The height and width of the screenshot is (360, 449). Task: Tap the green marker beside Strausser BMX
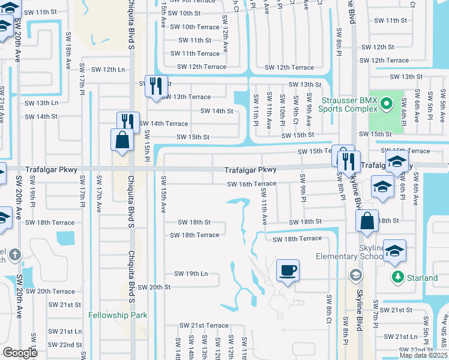click(387, 104)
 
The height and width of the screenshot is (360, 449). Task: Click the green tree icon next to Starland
click(396, 277)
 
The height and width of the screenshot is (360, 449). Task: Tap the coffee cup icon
click(288, 269)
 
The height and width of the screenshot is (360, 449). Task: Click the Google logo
click(21, 352)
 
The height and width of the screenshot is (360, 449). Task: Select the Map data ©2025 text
click(423, 355)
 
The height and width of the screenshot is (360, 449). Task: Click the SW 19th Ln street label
click(191, 274)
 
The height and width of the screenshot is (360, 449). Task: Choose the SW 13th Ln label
click(41, 103)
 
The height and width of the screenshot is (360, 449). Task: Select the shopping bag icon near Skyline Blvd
click(367, 220)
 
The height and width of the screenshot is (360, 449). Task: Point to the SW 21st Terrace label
click(204, 325)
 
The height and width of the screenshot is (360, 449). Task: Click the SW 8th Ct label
click(329, 308)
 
